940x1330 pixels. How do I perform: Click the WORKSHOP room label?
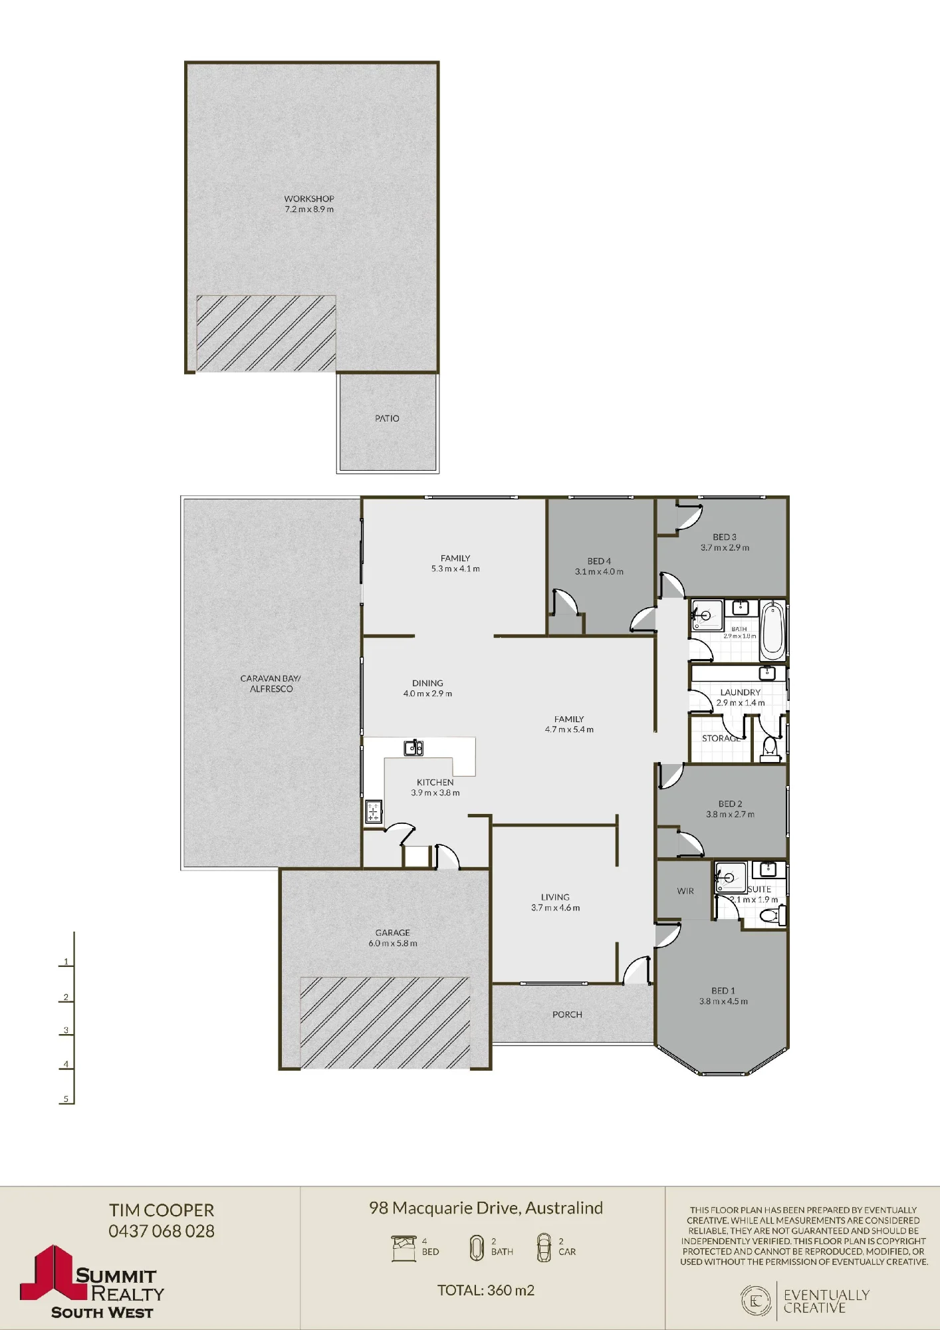click(309, 199)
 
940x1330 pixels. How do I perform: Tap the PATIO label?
click(387, 418)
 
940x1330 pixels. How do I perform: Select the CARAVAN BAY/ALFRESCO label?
click(271, 684)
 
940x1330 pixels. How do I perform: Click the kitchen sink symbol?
click(413, 748)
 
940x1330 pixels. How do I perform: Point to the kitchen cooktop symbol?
click(374, 812)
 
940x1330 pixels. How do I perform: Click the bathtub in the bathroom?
click(772, 628)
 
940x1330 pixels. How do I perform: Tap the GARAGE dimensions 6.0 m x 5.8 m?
click(393, 943)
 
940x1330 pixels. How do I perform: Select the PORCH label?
click(567, 1014)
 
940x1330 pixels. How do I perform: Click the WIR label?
click(685, 891)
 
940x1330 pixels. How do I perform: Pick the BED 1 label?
click(723, 990)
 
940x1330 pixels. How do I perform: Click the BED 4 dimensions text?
click(599, 572)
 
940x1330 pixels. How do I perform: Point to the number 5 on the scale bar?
click(66, 1099)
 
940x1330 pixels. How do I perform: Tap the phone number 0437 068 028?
click(162, 1231)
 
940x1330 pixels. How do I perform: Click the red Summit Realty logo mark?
click(53, 1272)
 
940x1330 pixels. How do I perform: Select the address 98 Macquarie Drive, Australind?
click(486, 1208)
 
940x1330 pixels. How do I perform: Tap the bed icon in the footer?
click(404, 1248)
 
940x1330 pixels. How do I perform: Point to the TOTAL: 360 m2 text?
click(486, 1290)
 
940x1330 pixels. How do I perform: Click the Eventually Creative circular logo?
click(756, 1301)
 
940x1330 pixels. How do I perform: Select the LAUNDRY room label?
click(740, 692)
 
